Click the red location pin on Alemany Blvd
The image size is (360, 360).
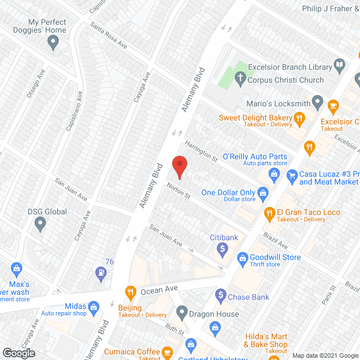179,166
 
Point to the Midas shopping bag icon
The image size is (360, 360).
93,307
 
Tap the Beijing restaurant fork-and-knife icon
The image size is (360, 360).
131,291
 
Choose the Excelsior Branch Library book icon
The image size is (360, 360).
339,66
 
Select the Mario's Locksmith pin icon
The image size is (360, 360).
318,103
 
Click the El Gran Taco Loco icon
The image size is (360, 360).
269,213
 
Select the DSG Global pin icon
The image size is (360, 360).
40,224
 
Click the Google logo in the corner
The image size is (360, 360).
19,353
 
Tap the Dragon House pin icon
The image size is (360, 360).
181,311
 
